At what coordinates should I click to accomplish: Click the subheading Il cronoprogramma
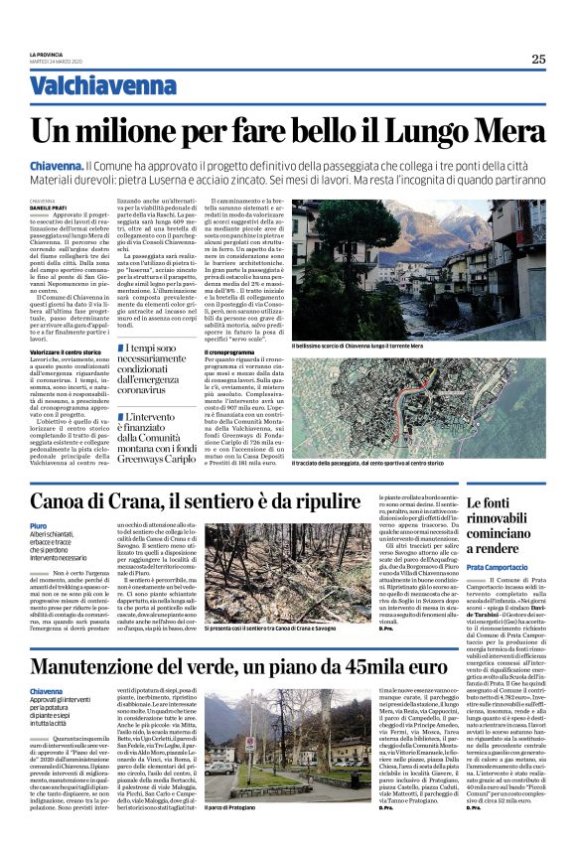click(x=230, y=351)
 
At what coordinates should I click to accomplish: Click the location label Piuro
click(x=39, y=525)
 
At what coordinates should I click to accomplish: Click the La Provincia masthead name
click(x=46, y=53)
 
